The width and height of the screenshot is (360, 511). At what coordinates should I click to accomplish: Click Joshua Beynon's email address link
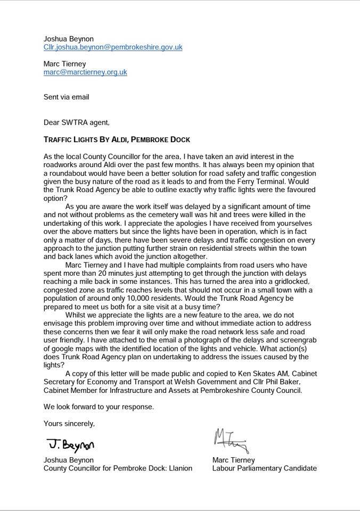tap(113, 47)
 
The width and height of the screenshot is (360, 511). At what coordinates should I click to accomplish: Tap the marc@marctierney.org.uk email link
tap(85, 72)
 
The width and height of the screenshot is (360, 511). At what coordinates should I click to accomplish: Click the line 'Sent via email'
tap(67, 97)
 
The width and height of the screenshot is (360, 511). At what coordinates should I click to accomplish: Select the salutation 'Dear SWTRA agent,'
tap(77, 122)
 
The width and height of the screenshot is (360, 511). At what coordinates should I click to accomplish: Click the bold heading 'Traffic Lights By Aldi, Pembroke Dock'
tap(117, 139)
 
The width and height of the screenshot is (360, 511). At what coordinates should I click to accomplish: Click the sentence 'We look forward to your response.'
tap(99, 407)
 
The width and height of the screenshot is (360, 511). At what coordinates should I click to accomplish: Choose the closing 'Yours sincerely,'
tap(69, 424)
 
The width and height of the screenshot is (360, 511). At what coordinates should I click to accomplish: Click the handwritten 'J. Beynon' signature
tap(71, 444)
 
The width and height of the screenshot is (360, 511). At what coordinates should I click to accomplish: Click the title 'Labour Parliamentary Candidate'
tap(264, 468)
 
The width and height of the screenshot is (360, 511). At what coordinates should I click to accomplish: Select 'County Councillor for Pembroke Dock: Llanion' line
tap(118, 468)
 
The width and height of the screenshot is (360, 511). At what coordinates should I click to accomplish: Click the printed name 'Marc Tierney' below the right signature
tap(233, 460)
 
